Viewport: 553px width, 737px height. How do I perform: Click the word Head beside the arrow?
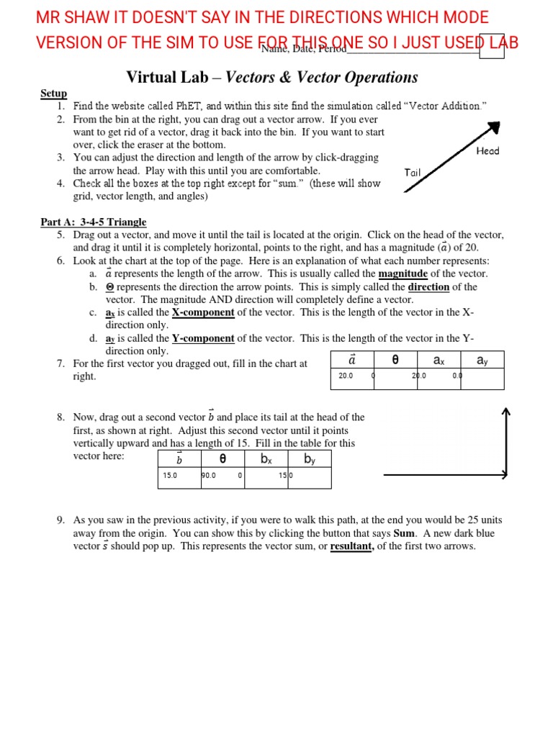pos(487,151)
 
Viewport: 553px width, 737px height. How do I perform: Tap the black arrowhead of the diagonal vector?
pos(493,127)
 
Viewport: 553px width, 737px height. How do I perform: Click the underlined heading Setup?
pos(53,94)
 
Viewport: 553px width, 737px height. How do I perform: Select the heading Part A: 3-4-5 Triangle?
pos(93,222)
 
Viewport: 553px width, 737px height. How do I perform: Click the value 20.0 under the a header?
pos(346,376)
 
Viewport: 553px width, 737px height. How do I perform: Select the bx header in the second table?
pos(266,458)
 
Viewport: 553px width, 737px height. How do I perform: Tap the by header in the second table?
pos(310,458)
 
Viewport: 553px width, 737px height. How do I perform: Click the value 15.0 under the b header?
pos(170,475)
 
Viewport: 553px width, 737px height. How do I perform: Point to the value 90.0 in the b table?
pos(210,475)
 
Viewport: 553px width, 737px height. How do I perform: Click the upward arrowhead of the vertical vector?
pos(505,412)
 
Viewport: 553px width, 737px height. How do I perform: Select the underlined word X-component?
pos(203,312)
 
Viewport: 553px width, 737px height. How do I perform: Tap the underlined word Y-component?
pos(203,338)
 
